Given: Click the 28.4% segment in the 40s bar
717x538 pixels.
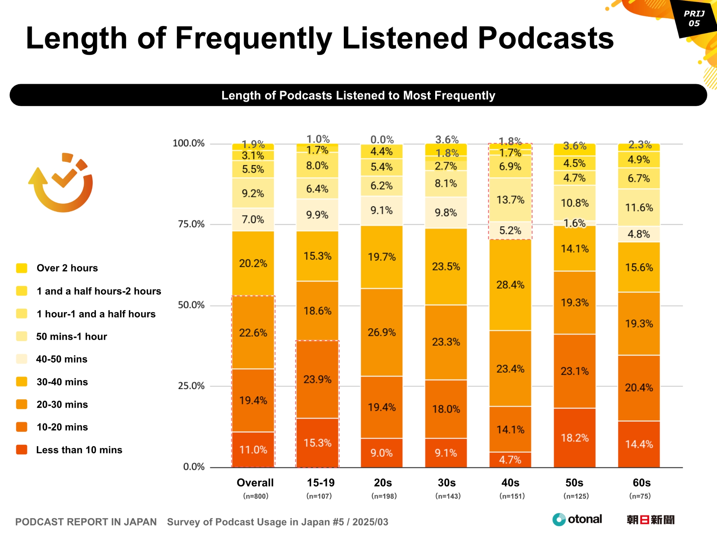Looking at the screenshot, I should pos(510,285).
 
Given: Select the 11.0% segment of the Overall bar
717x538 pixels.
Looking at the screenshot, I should pos(253,450).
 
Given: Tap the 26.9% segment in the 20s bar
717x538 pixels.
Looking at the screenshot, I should pos(382,332).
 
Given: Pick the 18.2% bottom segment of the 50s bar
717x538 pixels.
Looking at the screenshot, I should pos(575,438).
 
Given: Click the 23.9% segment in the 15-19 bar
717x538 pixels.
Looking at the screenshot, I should pos(317,379).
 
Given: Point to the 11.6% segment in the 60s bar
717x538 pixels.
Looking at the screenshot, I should pos(639,208).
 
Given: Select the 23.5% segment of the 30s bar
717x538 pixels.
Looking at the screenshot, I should pos(446,267).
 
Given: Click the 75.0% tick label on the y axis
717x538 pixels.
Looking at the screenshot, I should pos(191,224).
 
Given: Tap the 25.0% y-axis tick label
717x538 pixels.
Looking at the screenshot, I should pos(191,386).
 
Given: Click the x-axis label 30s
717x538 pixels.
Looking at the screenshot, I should pos(446,483).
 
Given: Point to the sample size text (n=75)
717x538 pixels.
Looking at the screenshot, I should pos(640,496).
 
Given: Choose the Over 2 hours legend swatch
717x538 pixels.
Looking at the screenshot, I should pos(22,268).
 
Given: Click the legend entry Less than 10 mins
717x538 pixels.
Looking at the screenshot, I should pos(79,450).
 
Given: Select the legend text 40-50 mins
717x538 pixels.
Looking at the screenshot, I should pos(62,359).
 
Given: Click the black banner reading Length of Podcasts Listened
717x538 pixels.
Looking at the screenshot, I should pos(358,95).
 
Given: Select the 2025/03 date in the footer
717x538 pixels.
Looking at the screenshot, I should pos(370,522).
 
